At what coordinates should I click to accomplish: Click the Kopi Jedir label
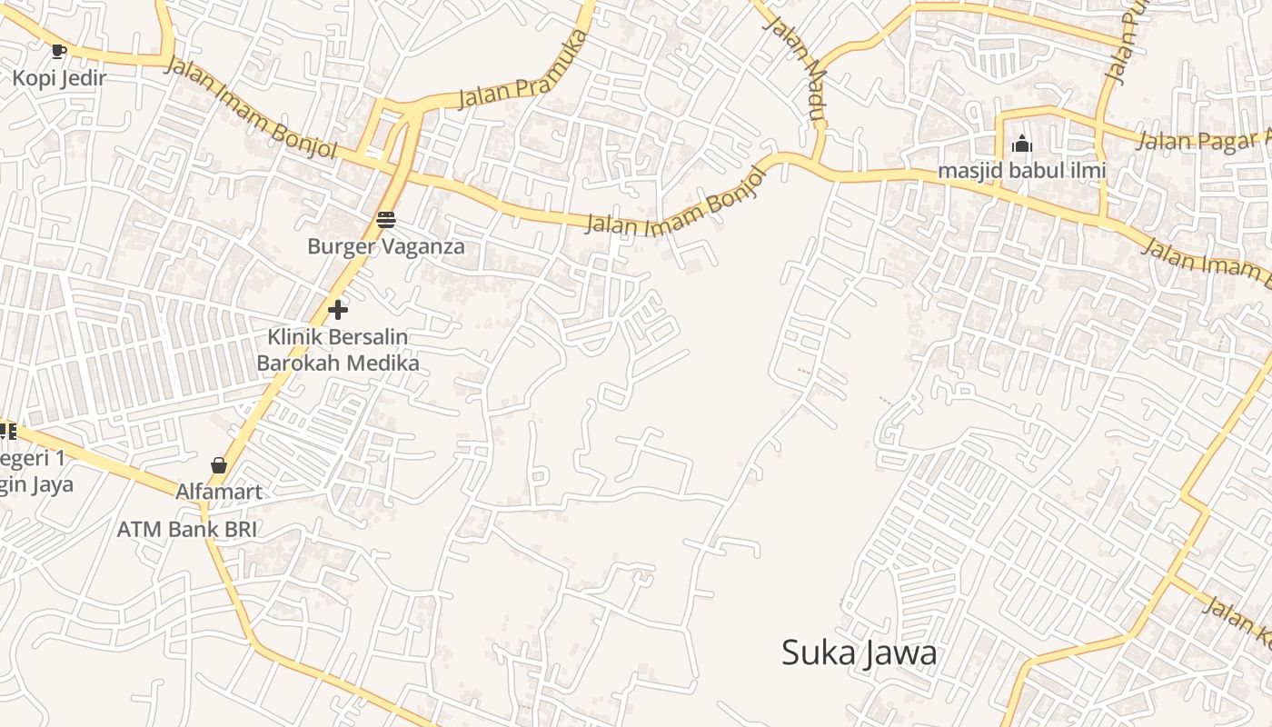tap(59, 78)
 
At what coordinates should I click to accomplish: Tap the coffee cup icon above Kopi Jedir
tap(59, 51)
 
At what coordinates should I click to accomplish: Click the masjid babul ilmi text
tap(1021, 170)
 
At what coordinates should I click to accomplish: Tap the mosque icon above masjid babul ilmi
tap(1021, 144)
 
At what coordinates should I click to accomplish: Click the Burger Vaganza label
tap(385, 246)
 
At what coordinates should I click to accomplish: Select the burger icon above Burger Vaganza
tap(385, 219)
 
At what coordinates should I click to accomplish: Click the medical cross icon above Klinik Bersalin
tap(338, 310)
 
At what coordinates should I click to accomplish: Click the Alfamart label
tap(219, 493)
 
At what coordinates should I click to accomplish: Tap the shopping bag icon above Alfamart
tap(219, 465)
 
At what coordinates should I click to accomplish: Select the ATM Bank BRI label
tap(187, 529)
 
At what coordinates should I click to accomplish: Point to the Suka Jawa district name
tap(859, 652)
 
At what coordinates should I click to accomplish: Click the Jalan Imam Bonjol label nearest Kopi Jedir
tap(250, 107)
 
